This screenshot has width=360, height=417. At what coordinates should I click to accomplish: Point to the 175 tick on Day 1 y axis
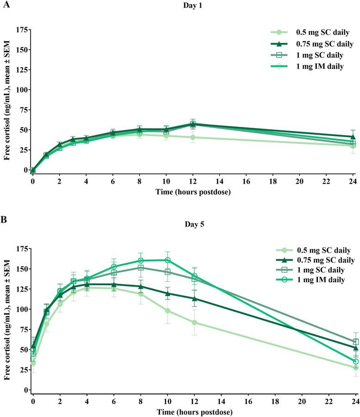(19, 30)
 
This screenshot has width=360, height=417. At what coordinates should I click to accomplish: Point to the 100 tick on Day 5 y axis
(19, 309)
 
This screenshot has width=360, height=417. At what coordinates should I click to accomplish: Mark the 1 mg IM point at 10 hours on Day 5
(167, 260)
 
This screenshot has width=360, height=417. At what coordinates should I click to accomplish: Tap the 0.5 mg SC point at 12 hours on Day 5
(194, 322)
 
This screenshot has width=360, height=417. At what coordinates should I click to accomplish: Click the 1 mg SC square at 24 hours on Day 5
(355, 342)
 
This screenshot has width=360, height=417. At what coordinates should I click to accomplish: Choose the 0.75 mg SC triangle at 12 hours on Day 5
(194, 299)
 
